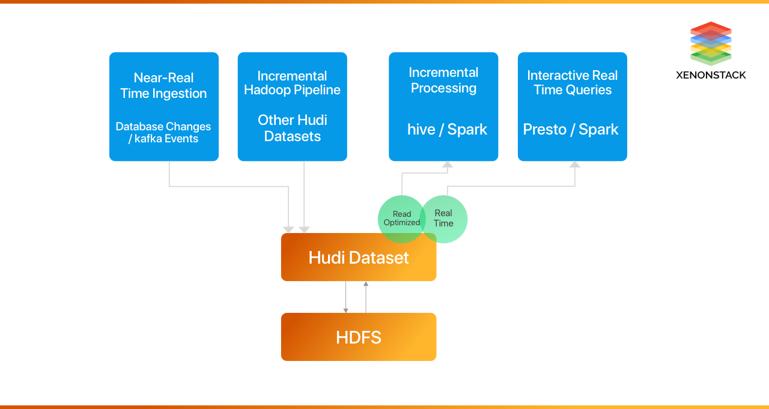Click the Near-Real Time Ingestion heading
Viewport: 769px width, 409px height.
click(163, 86)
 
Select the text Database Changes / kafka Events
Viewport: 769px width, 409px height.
click(163, 133)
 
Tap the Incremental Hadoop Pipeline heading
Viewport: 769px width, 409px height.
click(292, 83)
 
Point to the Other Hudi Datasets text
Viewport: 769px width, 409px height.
click(293, 128)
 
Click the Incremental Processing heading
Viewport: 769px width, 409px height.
click(443, 80)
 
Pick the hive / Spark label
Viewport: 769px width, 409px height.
click(447, 130)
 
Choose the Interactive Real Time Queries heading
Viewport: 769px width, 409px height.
click(573, 83)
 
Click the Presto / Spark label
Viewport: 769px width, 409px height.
click(571, 130)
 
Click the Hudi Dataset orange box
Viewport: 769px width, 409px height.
click(359, 258)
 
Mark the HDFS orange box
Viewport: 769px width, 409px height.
click(359, 337)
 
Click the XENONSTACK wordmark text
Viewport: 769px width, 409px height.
click(711, 75)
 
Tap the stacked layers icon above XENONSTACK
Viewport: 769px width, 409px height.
click(711, 43)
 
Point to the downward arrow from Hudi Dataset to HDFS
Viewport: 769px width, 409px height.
click(345, 297)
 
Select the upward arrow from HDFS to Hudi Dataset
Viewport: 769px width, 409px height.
click(366, 297)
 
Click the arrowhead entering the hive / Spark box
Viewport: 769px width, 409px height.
click(448, 164)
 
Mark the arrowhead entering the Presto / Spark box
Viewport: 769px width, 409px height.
click(575, 164)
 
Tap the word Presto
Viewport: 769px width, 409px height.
click(544, 130)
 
